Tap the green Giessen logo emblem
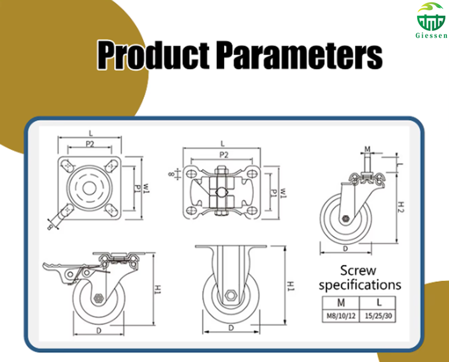click(x=431, y=16)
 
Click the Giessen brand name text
click(x=431, y=36)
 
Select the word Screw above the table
click(x=358, y=270)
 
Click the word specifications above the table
click(x=360, y=284)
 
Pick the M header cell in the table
click(x=341, y=302)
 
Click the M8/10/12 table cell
click(x=341, y=315)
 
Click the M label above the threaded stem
click(x=367, y=148)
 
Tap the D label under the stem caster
click(x=345, y=248)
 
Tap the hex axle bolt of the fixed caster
click(x=230, y=296)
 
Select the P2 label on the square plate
click(x=90, y=144)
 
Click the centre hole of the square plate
click(x=89, y=187)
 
